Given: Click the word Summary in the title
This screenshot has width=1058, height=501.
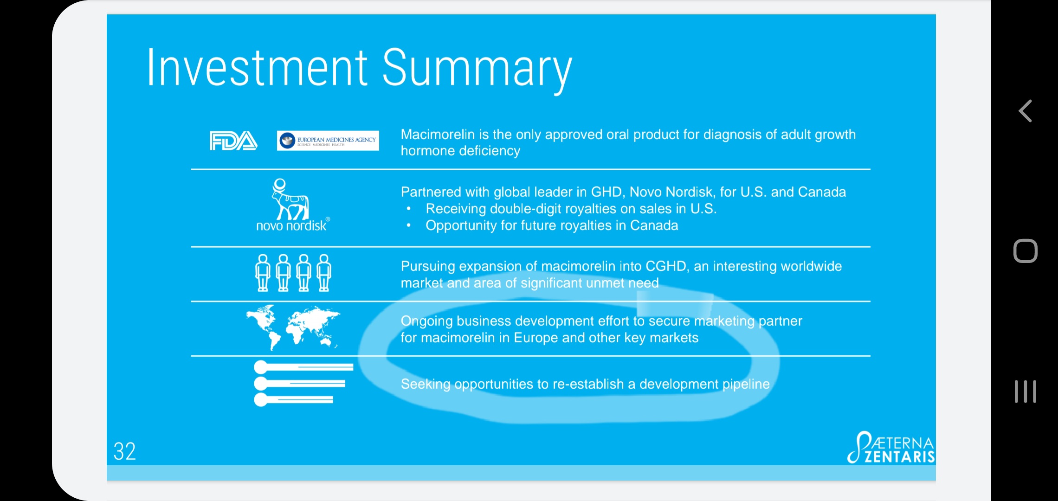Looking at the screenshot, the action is [477, 70].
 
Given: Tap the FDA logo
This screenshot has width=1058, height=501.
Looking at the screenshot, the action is [233, 141].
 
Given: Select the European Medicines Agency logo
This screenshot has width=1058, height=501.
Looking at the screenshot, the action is [328, 141].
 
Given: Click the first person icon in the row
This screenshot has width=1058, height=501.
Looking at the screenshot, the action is [263, 273].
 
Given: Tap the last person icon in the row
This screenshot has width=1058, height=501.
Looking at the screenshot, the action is [324, 273].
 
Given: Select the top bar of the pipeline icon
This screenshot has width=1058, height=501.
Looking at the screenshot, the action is [303, 367].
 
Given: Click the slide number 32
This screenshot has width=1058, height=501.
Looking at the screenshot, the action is [125, 451].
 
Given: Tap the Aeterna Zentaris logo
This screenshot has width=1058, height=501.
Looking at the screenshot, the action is [891, 448].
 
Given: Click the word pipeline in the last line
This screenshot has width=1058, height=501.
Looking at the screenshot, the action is [746, 385].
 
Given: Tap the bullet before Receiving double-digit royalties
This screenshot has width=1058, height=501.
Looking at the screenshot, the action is [409, 209].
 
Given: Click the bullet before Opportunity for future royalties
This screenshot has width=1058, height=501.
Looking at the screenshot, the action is [409, 226].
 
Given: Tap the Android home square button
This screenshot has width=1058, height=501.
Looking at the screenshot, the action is [1026, 251].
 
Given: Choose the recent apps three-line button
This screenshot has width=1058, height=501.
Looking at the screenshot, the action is [1026, 392].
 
